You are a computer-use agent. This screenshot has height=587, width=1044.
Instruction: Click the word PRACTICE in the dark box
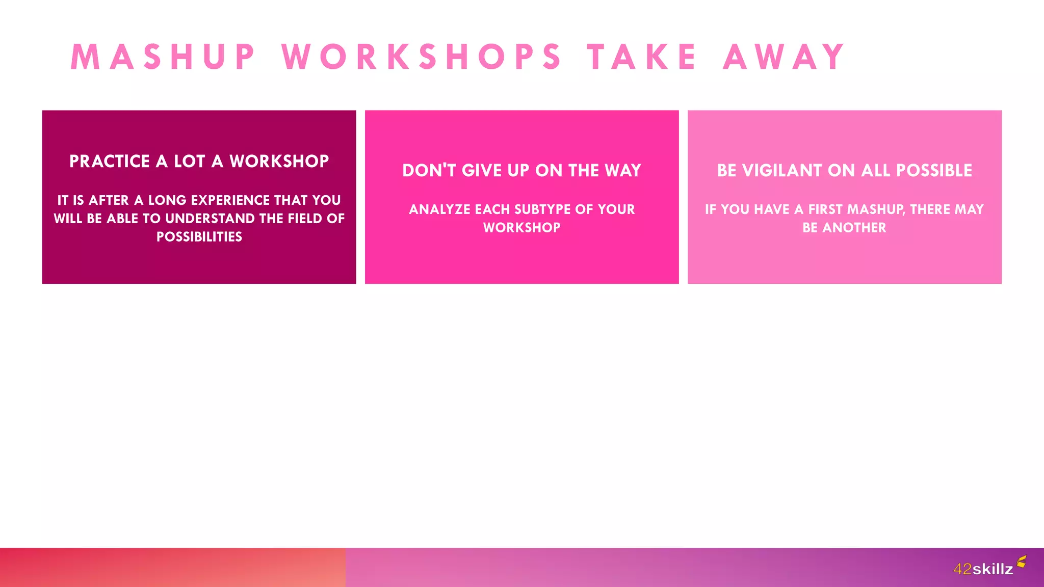(110, 162)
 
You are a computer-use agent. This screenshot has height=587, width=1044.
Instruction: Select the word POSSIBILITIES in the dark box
(199, 237)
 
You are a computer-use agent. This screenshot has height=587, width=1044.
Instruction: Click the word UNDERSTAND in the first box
(210, 219)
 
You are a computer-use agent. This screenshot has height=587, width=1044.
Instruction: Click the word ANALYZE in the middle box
(439, 209)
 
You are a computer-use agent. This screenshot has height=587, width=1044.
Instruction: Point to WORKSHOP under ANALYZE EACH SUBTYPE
(522, 228)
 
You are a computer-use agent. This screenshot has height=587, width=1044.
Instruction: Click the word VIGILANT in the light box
(782, 171)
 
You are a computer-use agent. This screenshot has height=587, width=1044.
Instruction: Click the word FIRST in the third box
(825, 209)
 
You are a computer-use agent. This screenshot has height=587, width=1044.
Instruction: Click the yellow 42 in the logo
(962, 569)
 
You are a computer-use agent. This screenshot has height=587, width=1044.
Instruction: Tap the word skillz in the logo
(993, 569)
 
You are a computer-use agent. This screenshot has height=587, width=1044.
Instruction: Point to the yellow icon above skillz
(1021, 562)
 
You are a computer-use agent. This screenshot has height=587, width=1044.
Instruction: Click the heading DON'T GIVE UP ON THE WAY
(522, 171)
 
